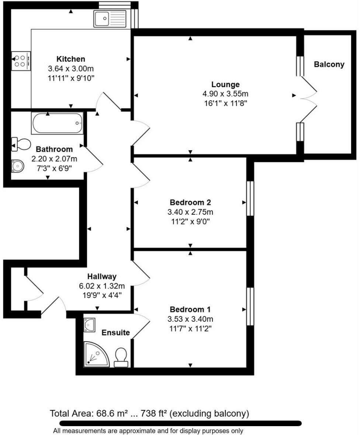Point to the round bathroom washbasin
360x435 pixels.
(17, 166)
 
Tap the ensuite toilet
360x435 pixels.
(121, 358)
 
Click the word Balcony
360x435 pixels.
(329, 64)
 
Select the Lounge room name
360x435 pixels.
(225, 84)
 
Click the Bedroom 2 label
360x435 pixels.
(190, 203)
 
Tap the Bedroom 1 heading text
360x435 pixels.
(190, 309)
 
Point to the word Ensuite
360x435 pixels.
(116, 333)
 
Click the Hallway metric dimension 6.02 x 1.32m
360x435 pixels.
(102, 286)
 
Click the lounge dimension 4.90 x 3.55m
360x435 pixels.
(225, 94)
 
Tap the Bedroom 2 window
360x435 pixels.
(250, 198)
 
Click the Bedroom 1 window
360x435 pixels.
(250, 306)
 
